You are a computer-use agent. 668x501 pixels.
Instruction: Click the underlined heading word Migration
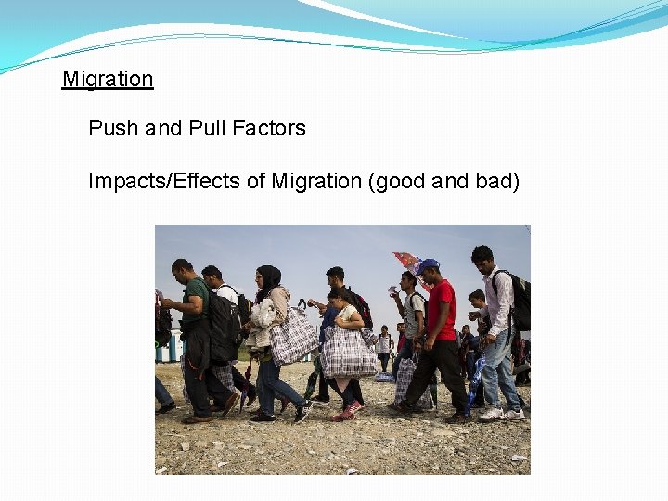108,80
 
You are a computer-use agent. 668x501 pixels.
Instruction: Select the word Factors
269,128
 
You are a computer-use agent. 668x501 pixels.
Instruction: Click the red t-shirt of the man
441,309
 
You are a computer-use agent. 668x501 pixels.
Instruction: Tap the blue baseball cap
426,266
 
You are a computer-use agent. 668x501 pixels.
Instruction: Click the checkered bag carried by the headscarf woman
293,339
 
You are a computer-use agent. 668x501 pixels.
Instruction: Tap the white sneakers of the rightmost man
501,413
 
